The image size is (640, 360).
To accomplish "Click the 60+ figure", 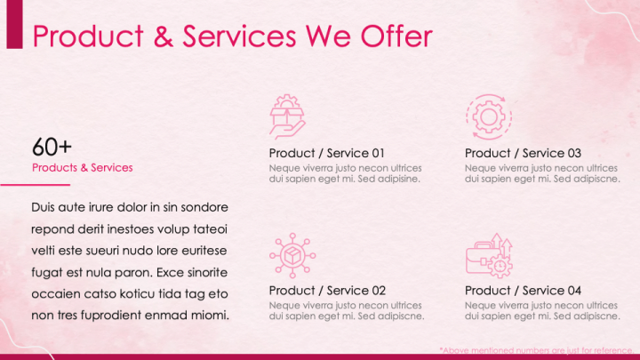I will pyautogui.click(x=52, y=147).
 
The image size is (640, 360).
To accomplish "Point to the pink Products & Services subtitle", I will pyautogui.click(x=82, y=167).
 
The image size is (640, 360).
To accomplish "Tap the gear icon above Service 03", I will pyautogui.click(x=487, y=116).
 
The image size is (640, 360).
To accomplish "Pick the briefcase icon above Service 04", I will pyautogui.click(x=489, y=255).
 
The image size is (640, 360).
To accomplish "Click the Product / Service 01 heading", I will pyautogui.click(x=326, y=153).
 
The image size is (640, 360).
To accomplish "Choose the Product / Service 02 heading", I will pyautogui.click(x=326, y=291).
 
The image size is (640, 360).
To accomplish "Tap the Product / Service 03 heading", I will pyautogui.click(x=523, y=153).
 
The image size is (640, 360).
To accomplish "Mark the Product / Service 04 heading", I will pyautogui.click(x=523, y=291).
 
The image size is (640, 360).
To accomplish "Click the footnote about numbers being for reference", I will pyautogui.click(x=539, y=349).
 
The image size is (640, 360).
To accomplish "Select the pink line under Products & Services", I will pyautogui.click(x=35, y=185).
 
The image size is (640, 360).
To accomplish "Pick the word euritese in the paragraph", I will pyautogui.click(x=202, y=250).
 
